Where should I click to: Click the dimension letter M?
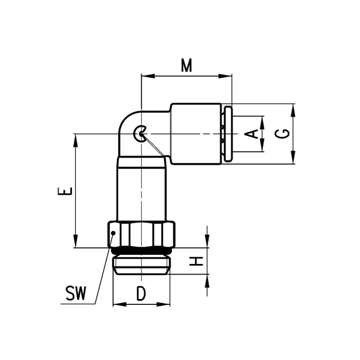point(186,65)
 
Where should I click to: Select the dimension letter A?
point(251,134)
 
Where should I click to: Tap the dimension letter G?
point(282,133)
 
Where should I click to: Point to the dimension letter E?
point(65,191)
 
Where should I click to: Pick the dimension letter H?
point(196,261)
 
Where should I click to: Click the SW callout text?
point(75,293)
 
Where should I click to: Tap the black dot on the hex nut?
point(113,233)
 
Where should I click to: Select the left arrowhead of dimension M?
point(148,76)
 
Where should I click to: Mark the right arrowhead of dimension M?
point(225,76)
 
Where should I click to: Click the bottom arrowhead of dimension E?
point(75,241)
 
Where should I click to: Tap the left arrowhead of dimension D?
point(120,304)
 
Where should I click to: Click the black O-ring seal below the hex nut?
point(141,251)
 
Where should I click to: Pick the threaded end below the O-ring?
point(142,266)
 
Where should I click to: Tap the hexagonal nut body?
point(142,234)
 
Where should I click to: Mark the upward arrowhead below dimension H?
point(207,281)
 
